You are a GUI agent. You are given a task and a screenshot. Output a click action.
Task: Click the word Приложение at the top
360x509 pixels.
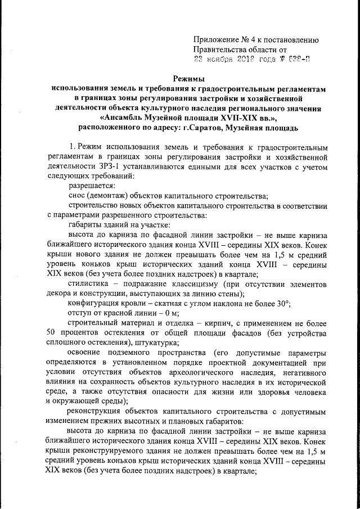[x=216, y=39]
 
